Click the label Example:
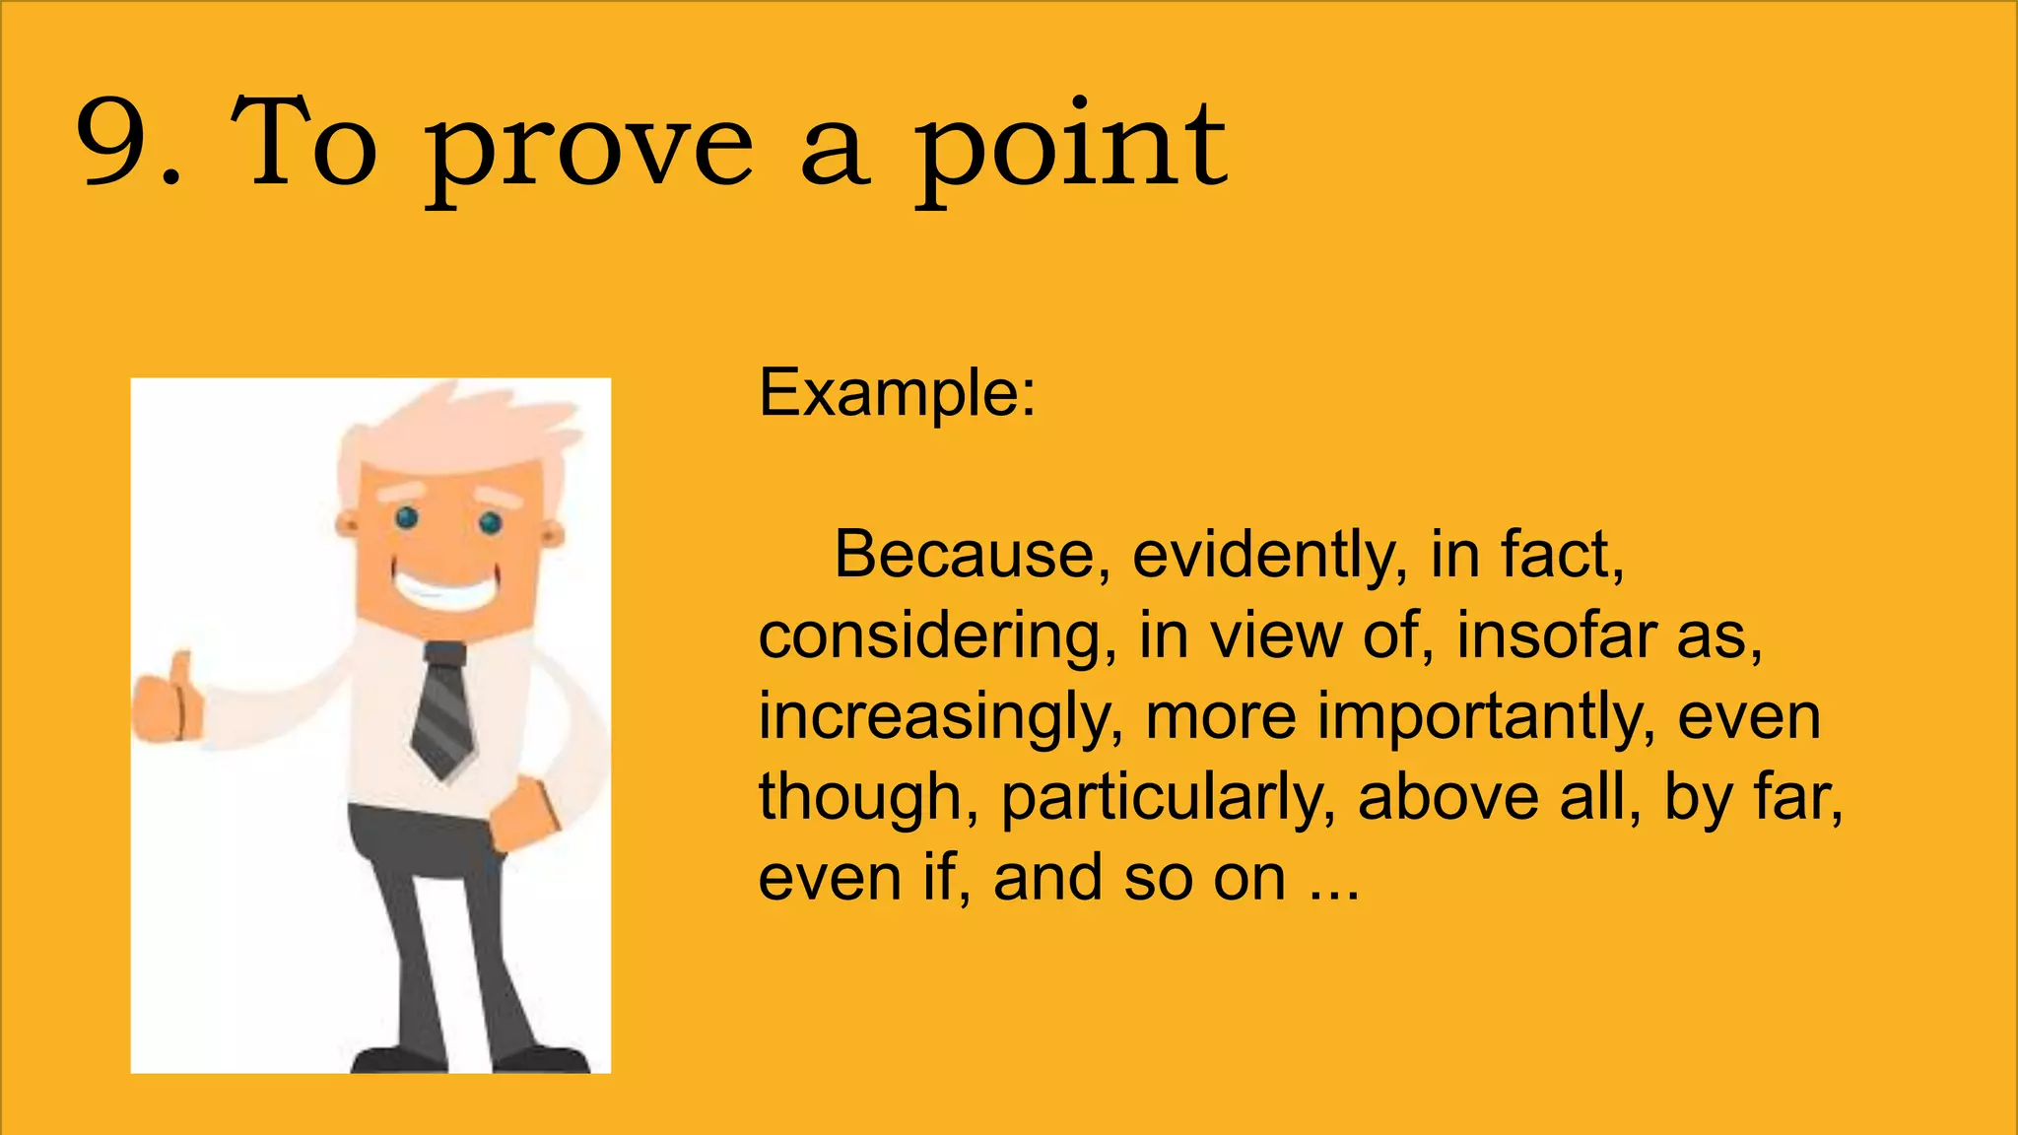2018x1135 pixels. point(897,394)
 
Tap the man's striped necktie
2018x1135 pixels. point(444,709)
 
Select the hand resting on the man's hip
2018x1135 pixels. point(523,814)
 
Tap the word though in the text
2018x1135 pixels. point(859,798)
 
